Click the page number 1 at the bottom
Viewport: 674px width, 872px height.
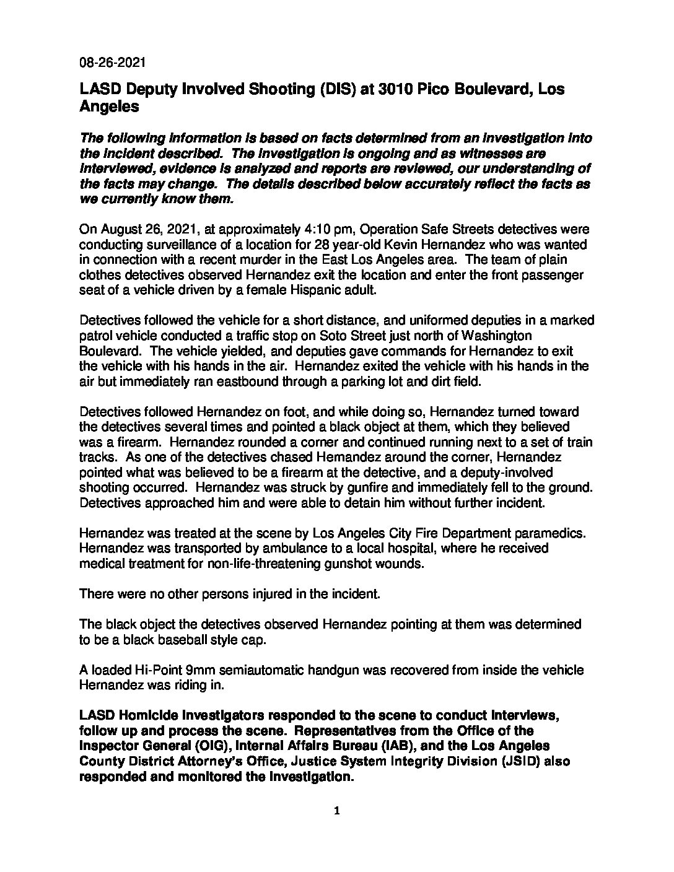(x=337, y=811)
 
